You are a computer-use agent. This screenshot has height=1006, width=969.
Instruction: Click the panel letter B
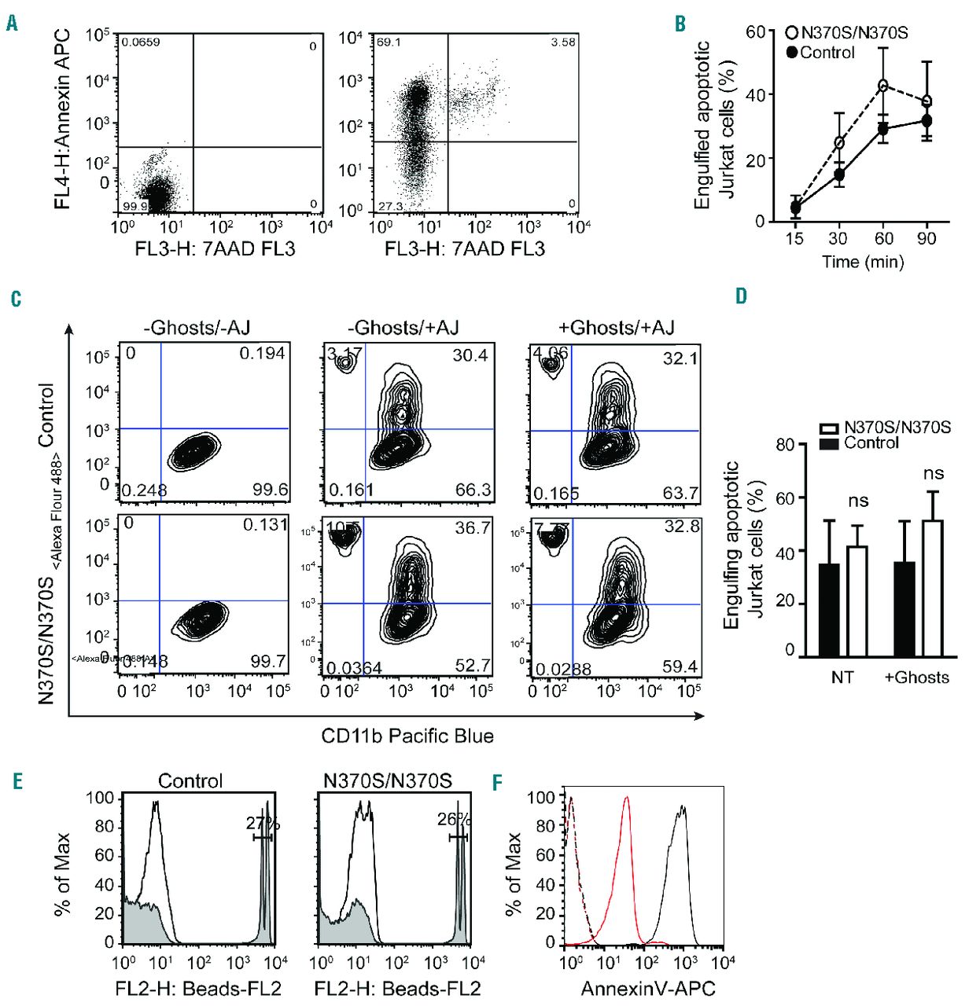[x=680, y=24]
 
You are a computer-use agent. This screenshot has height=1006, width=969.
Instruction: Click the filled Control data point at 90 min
[x=927, y=120]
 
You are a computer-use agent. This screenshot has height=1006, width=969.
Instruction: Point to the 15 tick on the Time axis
[x=795, y=237]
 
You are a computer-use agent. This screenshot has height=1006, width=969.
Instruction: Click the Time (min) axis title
[x=863, y=262]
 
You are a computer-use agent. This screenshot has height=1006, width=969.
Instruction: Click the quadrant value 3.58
[x=563, y=42]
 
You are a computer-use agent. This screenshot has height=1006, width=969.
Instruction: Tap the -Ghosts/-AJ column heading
[x=204, y=328]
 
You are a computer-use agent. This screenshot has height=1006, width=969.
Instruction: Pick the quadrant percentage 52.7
[x=473, y=666]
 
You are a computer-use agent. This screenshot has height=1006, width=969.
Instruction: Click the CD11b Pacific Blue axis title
[x=407, y=736]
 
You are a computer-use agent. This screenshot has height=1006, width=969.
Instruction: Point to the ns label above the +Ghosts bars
[x=933, y=474]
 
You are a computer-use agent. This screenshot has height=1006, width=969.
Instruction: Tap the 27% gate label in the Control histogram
[x=263, y=824]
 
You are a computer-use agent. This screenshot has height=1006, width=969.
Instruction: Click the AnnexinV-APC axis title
[x=647, y=989]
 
